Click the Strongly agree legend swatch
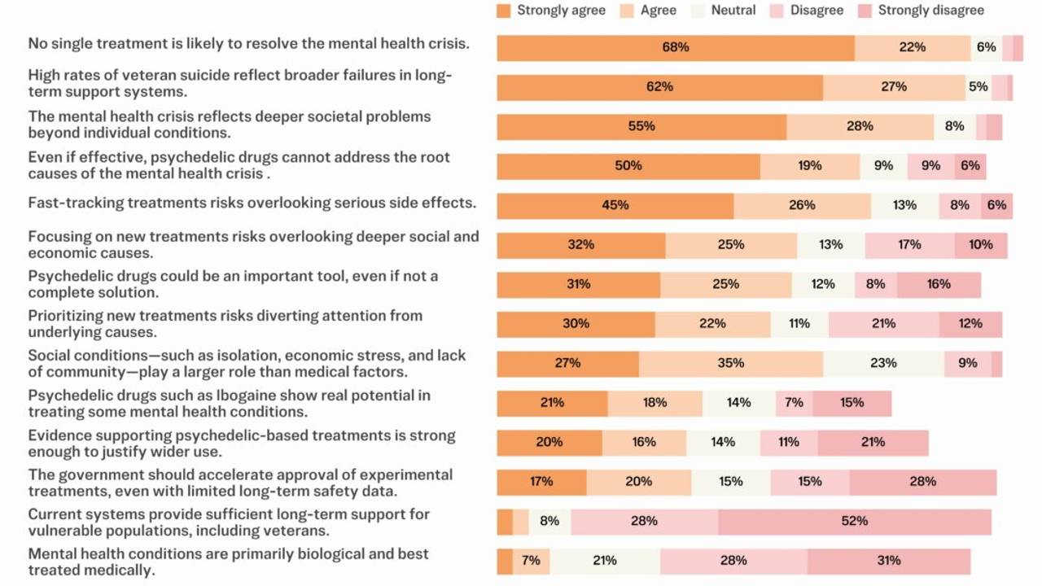[504, 11]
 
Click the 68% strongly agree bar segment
[676, 48]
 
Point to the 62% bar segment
[659, 87]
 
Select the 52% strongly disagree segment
[855, 522]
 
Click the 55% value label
[641, 127]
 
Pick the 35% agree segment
[730, 364]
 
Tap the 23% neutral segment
[883, 364]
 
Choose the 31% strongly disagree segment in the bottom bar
[889, 561]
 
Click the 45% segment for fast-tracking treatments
[615, 206]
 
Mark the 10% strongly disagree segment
[980, 245]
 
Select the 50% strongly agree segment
[628, 166]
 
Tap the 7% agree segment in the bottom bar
[532, 561]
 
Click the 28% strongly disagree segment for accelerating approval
[922, 482]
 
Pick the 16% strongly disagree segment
[939, 285]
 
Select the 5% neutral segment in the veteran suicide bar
[978, 87]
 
